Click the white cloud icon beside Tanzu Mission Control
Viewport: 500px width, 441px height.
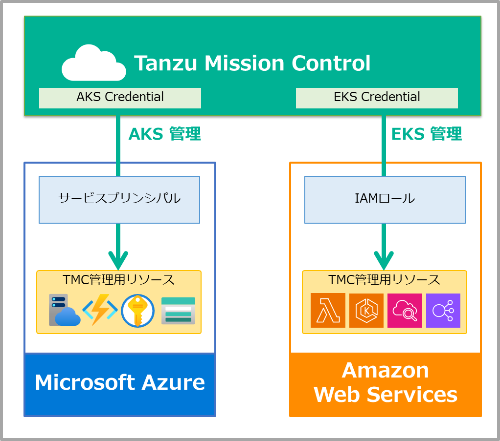point(93,63)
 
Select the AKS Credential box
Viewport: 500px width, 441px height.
point(120,98)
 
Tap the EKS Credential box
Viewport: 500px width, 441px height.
point(377,98)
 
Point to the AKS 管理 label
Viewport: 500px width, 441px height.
point(164,134)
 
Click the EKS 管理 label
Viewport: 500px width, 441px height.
point(427,134)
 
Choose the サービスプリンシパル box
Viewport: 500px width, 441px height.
point(119,199)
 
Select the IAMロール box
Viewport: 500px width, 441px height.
point(385,199)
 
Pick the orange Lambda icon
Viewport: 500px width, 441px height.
point(328,311)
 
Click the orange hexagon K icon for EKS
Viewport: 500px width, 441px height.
point(366,311)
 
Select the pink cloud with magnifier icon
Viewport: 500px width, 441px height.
point(405,311)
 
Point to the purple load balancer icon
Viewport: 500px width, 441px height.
point(443,311)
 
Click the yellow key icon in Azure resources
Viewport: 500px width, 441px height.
point(137,311)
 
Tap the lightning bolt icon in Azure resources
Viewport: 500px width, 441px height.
point(100,311)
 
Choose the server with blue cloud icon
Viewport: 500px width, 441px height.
point(64,311)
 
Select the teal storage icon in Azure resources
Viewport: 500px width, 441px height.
point(178,311)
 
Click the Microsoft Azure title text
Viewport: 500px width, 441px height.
point(120,382)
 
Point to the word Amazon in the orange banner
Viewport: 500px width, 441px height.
point(385,370)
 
